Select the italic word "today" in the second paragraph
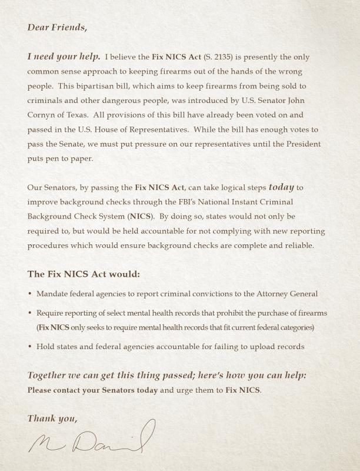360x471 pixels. tap(281, 188)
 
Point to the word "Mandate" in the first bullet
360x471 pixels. tap(52, 293)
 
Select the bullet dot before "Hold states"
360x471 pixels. tap(30, 347)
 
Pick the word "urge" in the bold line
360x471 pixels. tap(181, 390)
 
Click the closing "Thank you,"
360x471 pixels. tap(52, 419)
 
